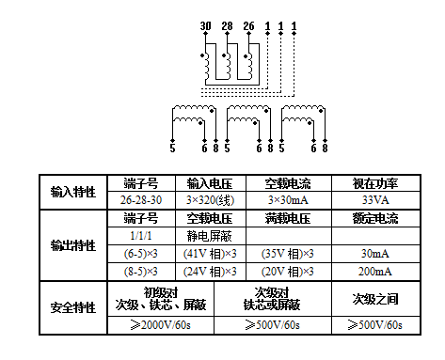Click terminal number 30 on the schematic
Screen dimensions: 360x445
point(205,25)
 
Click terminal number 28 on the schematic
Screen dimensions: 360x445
point(227,25)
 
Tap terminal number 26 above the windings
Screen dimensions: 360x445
point(247,25)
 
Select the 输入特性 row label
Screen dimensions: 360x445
point(73,191)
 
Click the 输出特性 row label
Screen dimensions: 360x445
point(73,245)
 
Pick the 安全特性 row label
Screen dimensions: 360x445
point(73,307)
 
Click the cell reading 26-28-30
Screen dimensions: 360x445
point(140,199)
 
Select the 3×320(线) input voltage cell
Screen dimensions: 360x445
point(211,199)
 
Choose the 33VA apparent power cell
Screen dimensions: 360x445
point(374,199)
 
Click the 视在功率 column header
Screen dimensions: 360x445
point(374,182)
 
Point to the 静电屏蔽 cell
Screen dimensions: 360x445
point(211,236)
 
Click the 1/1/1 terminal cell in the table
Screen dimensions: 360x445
point(140,236)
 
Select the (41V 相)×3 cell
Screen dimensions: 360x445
point(211,254)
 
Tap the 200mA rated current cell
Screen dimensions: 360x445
point(374,272)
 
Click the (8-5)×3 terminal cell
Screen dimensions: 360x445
point(140,272)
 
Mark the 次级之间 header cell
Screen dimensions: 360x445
point(374,300)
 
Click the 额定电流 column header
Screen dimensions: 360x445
point(374,218)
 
